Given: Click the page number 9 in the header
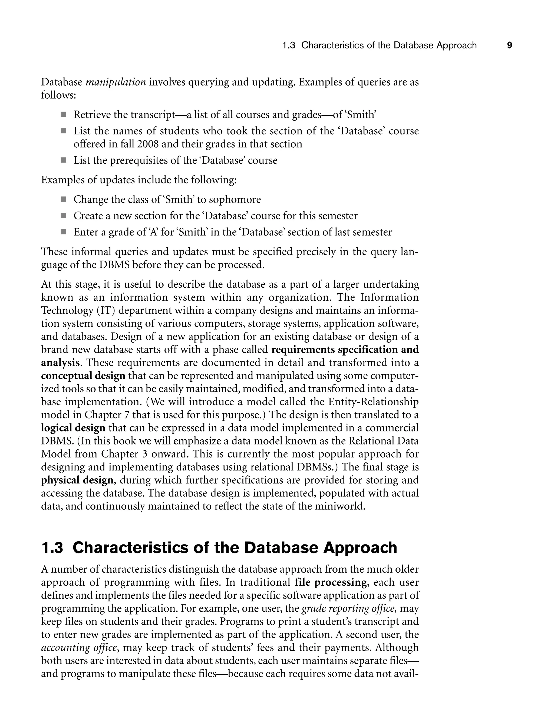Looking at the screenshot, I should click(509, 45).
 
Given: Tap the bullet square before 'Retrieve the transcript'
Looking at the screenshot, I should click(63, 115).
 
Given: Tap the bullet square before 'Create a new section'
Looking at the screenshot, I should click(63, 216).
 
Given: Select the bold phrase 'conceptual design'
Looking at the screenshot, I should click(83, 376).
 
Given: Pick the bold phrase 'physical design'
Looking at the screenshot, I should click(77, 480).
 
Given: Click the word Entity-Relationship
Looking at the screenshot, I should click(373, 402).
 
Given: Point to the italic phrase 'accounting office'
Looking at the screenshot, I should click(79, 647).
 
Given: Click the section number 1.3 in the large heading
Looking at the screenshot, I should click(52, 548).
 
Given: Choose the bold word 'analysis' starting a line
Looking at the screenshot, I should click(60, 363).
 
